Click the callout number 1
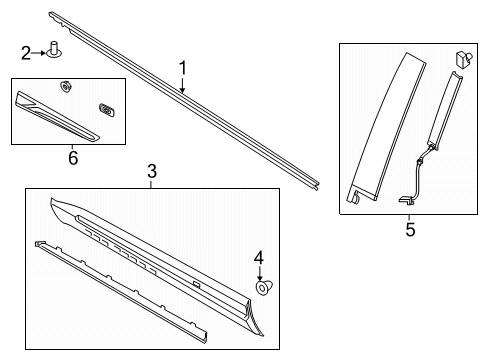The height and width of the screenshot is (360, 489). point(182,68)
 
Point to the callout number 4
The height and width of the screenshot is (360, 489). point(259,259)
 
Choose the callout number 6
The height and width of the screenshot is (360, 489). point(70,157)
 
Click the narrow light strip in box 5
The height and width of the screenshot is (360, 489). point(444,110)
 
